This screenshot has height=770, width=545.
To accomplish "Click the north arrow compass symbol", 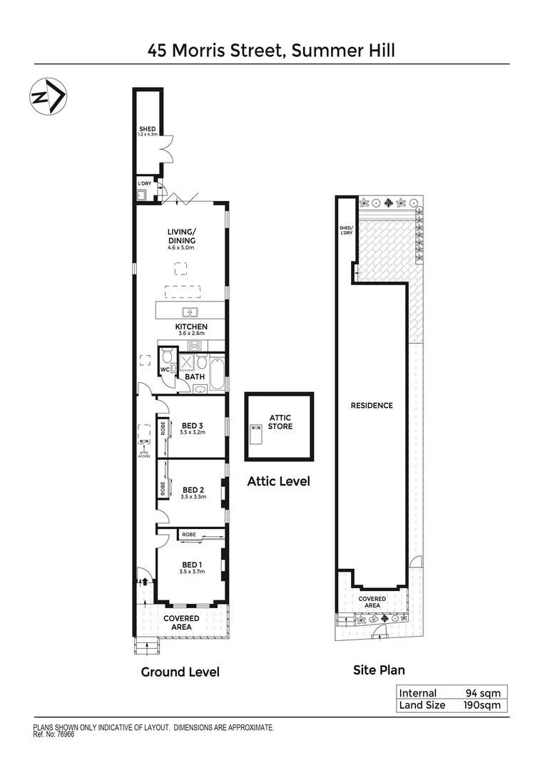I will click(48, 96).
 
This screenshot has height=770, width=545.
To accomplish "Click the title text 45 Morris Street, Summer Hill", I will click(272, 50).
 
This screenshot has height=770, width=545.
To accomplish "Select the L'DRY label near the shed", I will click(145, 183).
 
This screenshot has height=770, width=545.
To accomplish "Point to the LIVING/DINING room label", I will click(181, 236).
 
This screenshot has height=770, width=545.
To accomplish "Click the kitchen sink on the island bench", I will click(190, 311).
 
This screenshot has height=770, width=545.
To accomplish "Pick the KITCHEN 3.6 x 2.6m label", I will click(190, 329).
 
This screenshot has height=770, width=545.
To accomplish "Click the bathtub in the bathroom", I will click(217, 372).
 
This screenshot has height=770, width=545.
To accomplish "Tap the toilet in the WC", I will click(167, 356).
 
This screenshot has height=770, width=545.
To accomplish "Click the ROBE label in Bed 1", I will click(189, 534).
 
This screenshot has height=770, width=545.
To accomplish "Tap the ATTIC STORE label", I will click(280, 422).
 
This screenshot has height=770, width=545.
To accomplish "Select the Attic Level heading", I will click(278, 481).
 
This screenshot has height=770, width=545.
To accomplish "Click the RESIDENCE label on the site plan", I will click(372, 406).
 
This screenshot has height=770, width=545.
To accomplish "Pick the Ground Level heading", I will click(180, 672).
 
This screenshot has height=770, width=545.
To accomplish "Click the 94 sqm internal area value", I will click(482, 693).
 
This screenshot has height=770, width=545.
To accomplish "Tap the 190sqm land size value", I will click(482, 705).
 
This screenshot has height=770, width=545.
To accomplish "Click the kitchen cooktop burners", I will click(193, 345).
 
